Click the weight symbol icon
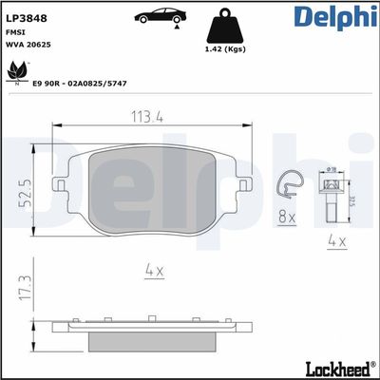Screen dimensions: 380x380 [225, 23]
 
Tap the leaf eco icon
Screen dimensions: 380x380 [18, 70]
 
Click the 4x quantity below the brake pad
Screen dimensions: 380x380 [154, 272]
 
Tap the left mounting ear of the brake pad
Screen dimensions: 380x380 [59, 184]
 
